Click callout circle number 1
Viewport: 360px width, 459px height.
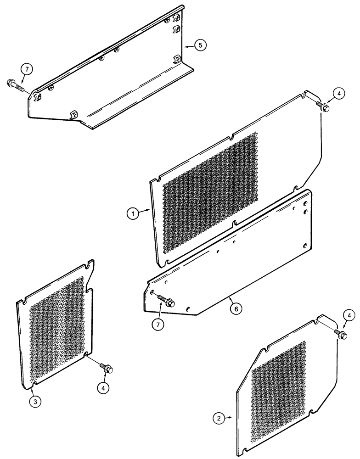coord(133,213)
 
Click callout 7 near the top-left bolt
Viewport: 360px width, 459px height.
coord(27,69)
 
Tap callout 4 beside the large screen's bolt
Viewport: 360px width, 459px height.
coord(338,93)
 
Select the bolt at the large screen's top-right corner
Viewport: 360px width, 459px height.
coord(323,107)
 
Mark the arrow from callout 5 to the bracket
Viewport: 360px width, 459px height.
coord(188,46)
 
